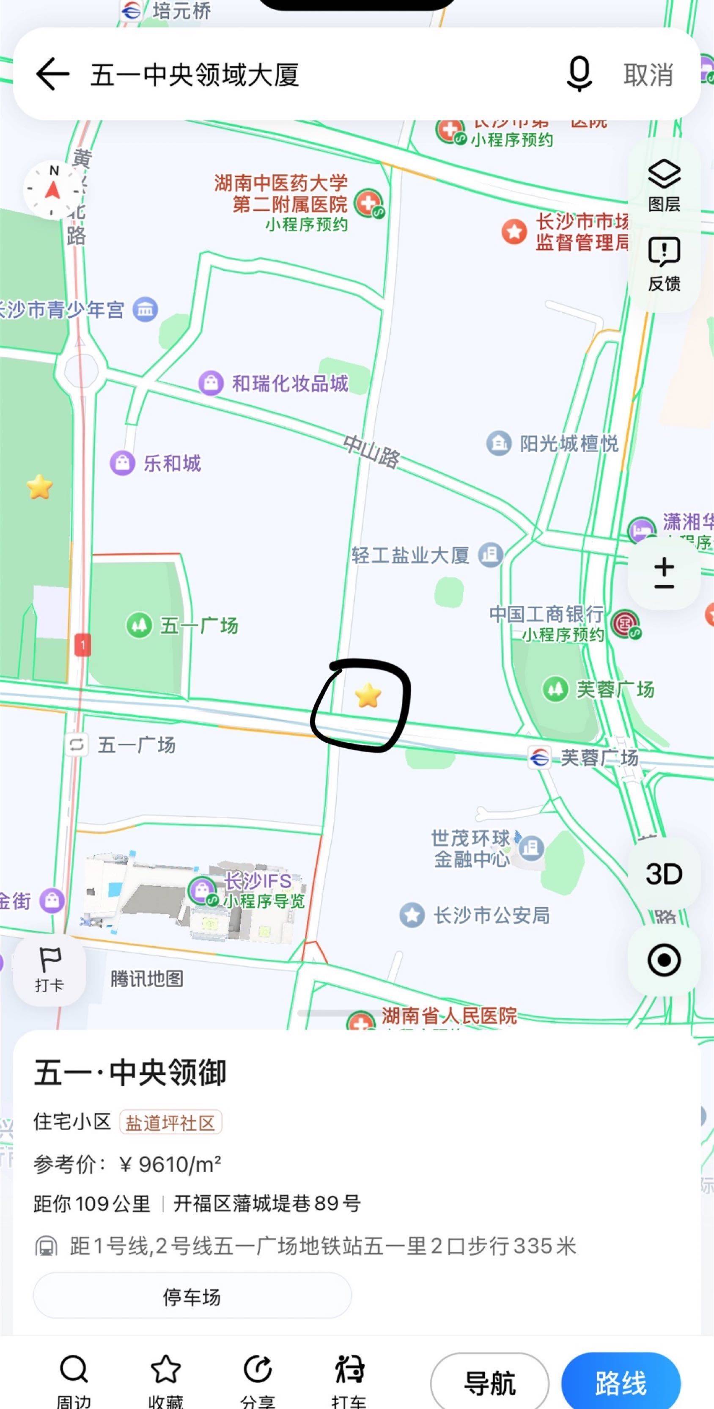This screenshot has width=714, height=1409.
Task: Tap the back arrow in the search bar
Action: pyautogui.click(x=52, y=74)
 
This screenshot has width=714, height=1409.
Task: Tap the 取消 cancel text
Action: pyautogui.click(x=648, y=74)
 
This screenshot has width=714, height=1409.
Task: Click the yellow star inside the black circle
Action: pyautogui.click(x=368, y=695)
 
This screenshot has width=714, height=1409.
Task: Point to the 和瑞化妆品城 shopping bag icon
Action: pyautogui.click(x=211, y=383)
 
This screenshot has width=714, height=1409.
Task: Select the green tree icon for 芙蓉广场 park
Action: pyautogui.click(x=555, y=689)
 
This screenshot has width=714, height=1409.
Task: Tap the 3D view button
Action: pyautogui.click(x=664, y=873)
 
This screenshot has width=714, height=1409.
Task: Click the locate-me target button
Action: pyautogui.click(x=664, y=960)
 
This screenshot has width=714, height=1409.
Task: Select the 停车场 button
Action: pyautogui.click(x=192, y=1297)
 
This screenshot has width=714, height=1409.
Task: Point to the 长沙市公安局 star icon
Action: pyautogui.click(x=412, y=915)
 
